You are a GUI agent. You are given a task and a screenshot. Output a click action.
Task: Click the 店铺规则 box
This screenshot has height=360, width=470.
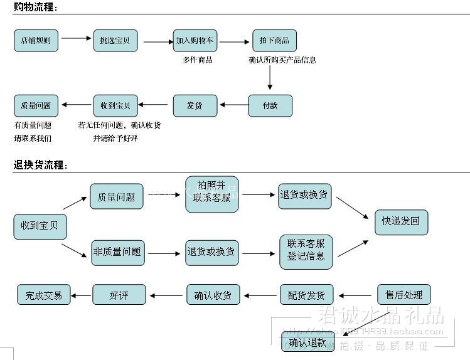click(x=36, y=40)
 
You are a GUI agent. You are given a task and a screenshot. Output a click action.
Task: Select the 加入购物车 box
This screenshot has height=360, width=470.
click(x=195, y=40)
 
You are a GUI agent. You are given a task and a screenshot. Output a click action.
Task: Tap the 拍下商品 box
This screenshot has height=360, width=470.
click(x=274, y=40)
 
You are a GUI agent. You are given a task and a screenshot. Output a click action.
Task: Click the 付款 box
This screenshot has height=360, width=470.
click(x=270, y=105)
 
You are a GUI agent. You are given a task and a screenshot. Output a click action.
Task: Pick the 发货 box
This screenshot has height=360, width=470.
click(x=195, y=105)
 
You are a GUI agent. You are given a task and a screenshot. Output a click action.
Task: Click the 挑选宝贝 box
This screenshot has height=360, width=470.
click(x=115, y=40)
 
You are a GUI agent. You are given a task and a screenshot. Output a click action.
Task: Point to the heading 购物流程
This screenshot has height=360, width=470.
click(x=35, y=8)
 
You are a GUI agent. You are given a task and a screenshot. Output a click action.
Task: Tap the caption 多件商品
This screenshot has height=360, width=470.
click(x=198, y=60)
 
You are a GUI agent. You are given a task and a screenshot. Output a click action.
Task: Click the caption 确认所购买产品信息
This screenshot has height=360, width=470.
click(x=282, y=60)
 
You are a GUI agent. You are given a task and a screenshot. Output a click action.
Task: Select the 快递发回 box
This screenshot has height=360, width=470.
click(x=401, y=222)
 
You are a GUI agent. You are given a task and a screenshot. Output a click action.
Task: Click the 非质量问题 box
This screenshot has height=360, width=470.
click(x=117, y=253)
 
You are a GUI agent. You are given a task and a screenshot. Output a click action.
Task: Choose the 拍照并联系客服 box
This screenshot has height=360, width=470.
click(x=211, y=194)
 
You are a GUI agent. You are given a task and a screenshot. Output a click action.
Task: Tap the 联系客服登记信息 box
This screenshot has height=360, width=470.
click(x=306, y=251)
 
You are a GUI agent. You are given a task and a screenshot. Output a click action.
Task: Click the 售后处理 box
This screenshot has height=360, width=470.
click(x=403, y=295)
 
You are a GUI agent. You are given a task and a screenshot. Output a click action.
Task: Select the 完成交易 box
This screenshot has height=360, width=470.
click(x=44, y=295)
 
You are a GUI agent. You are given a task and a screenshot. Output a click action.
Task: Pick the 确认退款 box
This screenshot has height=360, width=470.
click(x=307, y=342)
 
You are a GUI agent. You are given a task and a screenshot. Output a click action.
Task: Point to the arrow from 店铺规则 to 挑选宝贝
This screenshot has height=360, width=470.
click(x=76, y=39)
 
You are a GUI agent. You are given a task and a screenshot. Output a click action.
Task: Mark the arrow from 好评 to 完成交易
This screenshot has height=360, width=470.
click(x=82, y=295)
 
